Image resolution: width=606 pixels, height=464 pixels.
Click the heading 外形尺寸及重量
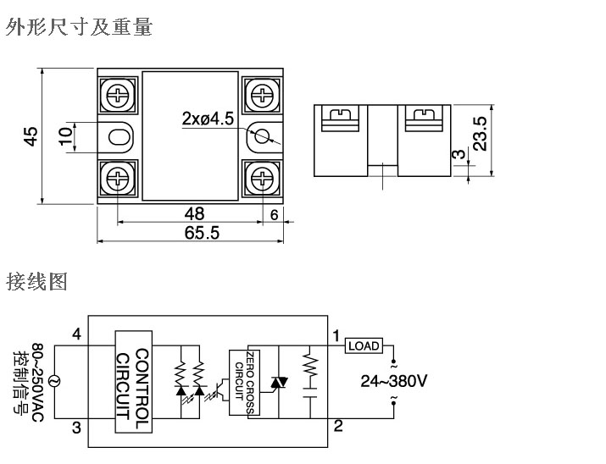(79, 28)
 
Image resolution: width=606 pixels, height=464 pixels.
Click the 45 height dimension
(31, 136)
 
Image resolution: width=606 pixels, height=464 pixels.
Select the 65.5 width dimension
(202, 233)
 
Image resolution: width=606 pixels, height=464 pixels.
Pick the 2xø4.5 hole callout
(208, 119)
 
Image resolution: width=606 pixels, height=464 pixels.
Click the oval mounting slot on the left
(119, 135)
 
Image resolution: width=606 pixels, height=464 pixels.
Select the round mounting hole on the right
(264, 135)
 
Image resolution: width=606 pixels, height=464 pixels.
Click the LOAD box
(364, 345)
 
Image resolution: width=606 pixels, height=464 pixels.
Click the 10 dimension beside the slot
(64, 135)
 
